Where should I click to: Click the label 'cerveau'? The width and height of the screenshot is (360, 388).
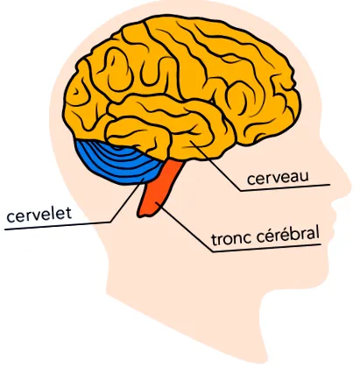click(x=278, y=178)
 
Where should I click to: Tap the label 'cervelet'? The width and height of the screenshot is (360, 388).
click(x=39, y=215)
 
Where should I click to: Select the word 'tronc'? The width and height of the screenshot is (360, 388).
click(x=231, y=238)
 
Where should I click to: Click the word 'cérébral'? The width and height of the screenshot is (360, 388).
click(x=287, y=235)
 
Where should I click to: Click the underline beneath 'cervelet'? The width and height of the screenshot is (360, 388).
click(x=58, y=226)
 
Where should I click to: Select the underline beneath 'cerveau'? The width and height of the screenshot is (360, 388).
click(x=285, y=187)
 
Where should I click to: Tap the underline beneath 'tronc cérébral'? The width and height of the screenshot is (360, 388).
click(x=266, y=249)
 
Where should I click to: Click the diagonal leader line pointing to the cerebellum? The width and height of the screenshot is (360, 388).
click(x=126, y=201)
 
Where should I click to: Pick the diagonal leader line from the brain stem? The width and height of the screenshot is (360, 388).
click(x=185, y=227)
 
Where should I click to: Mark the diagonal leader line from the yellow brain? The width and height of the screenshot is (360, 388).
click(x=216, y=166)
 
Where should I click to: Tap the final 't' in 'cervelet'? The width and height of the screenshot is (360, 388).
click(x=68, y=214)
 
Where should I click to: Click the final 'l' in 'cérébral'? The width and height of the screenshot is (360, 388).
click(x=317, y=233)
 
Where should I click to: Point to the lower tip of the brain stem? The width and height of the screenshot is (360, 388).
click(x=140, y=215)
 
